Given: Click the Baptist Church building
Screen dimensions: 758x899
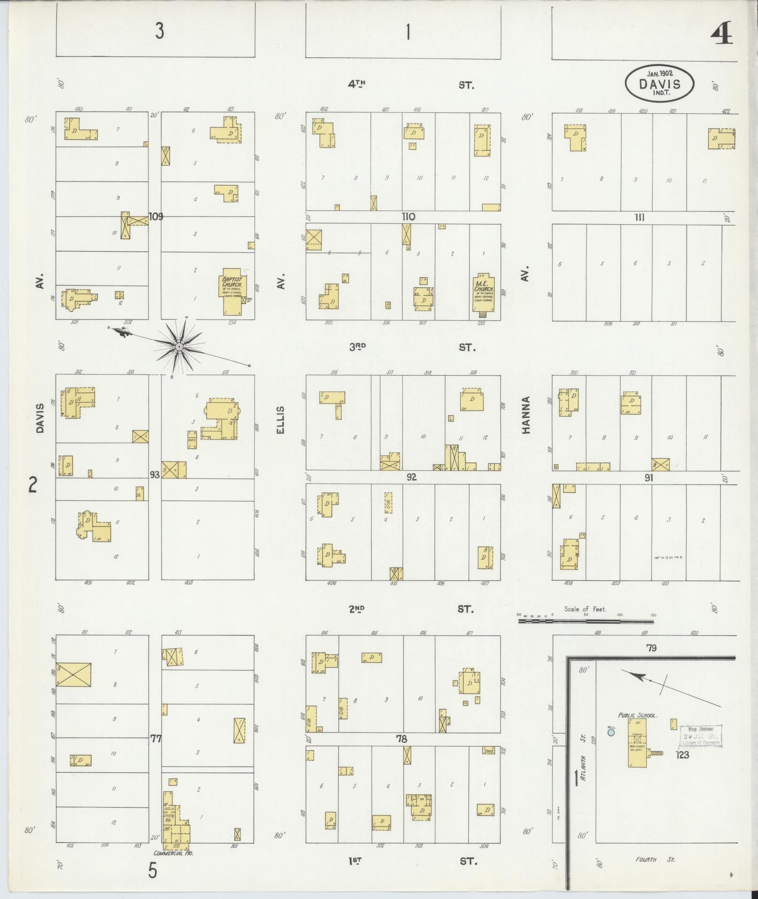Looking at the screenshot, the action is point(232,291).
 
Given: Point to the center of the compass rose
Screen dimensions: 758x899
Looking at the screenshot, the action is point(179,347).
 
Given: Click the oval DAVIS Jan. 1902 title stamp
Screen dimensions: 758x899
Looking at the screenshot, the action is point(659,82).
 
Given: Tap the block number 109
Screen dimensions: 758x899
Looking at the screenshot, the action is point(156,217).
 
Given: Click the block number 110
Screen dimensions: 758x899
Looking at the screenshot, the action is point(408,217).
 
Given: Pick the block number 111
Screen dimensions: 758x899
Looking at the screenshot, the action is point(639,217).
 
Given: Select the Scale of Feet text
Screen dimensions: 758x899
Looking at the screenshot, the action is point(585,609).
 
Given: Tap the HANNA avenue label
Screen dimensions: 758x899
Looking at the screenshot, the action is point(526,415).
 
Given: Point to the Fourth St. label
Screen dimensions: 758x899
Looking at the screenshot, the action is point(655,860).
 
